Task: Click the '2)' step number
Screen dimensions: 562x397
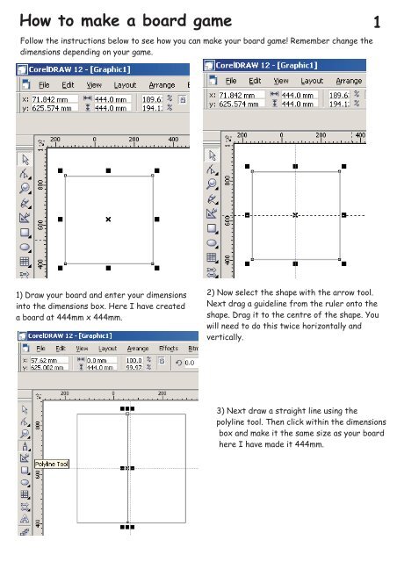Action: [x=209, y=291]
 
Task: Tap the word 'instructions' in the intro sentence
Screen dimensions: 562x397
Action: [x=81, y=41]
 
